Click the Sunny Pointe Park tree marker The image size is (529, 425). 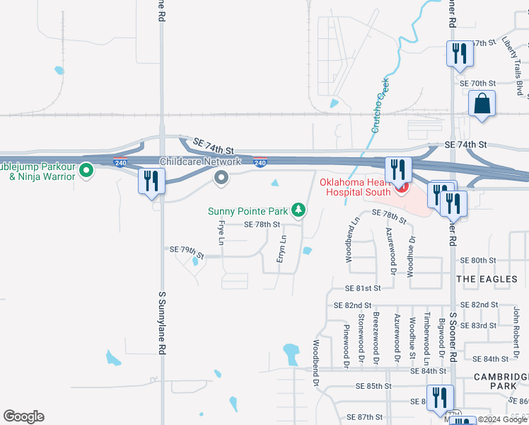click(299, 210)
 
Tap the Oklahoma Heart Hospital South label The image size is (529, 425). click(354, 187)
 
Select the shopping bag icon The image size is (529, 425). click(482, 103)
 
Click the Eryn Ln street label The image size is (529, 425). click(284, 248)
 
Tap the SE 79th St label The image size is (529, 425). click(187, 251)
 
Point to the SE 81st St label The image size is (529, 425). click(363, 288)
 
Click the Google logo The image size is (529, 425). click(23, 416)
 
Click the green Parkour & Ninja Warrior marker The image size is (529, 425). click(86, 171)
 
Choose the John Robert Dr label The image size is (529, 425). click(517, 323)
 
